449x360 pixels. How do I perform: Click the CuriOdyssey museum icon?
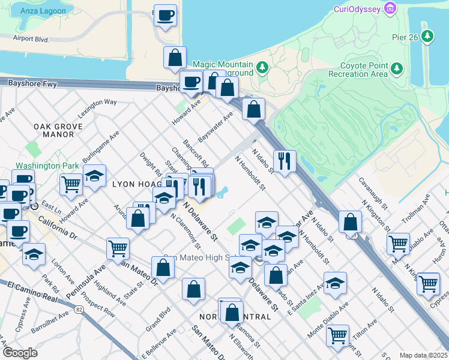point(391,8)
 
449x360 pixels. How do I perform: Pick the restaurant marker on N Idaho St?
point(284,160)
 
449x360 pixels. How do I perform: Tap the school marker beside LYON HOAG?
point(94,175)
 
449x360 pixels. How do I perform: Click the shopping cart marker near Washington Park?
point(71,184)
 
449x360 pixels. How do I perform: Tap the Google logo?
point(19,353)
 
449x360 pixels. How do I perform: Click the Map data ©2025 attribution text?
point(423,355)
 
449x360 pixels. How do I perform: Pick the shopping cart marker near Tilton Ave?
point(338,335)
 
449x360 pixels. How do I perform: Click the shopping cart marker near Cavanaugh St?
point(398,243)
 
